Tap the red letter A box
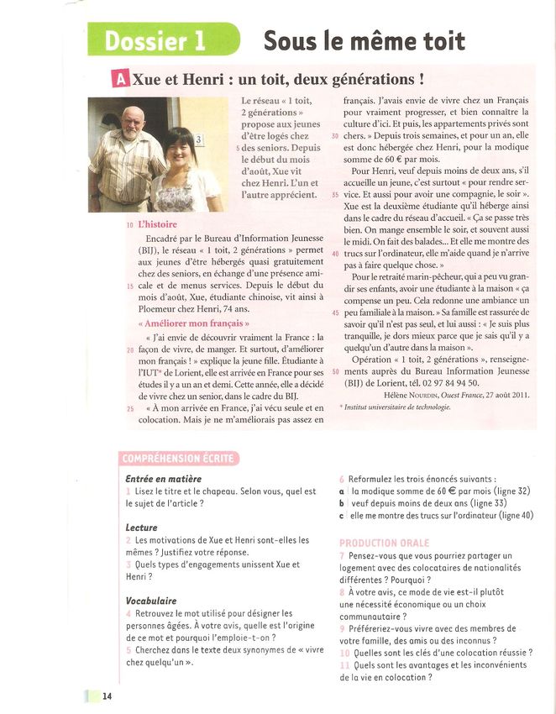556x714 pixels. point(120,81)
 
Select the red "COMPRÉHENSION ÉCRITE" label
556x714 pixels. point(178,458)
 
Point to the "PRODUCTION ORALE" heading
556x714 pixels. point(384,543)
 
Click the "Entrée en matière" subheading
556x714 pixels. point(163,479)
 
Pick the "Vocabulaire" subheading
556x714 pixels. point(151,601)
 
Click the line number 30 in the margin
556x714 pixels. point(336,135)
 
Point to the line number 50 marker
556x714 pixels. point(336,371)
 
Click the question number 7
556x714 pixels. point(342,556)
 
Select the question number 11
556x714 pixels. point(344,665)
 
